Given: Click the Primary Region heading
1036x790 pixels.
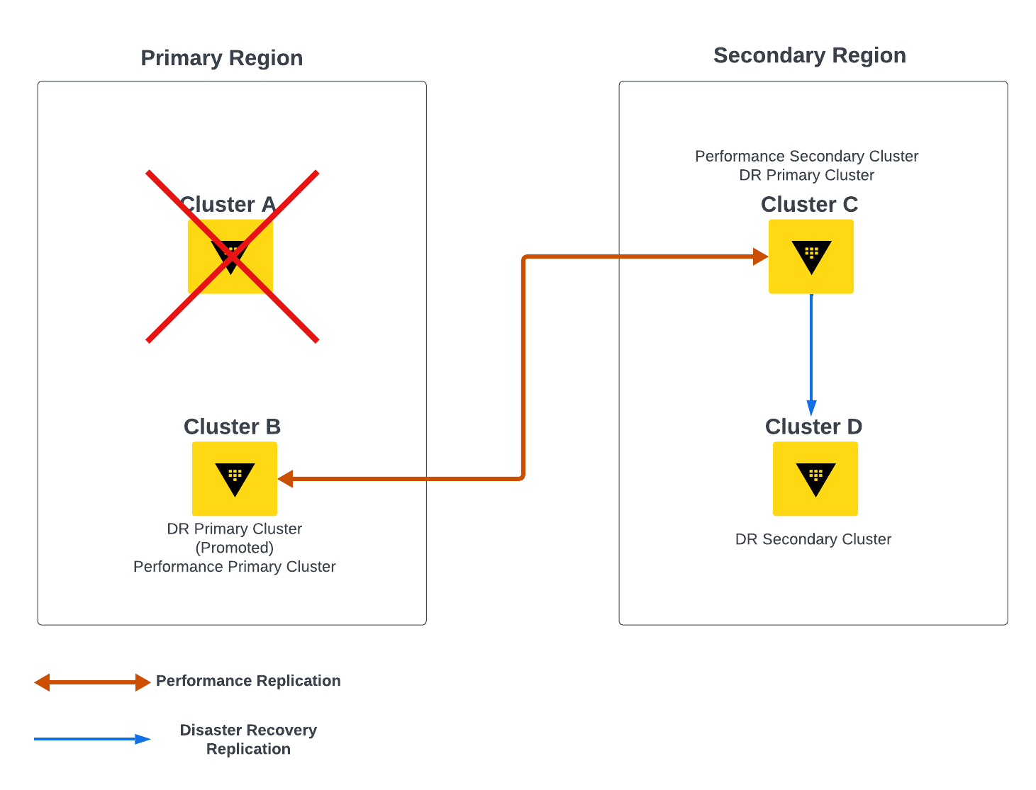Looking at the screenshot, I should tap(221, 58).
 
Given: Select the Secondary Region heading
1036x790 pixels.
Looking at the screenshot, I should tap(809, 55).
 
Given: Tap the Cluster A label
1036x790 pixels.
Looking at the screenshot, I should tap(228, 204).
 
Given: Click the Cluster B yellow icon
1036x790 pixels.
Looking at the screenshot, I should tap(235, 479).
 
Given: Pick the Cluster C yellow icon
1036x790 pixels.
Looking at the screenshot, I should tap(811, 256).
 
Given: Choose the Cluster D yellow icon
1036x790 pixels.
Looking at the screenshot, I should tap(815, 479).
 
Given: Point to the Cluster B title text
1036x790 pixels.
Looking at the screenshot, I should tap(232, 427).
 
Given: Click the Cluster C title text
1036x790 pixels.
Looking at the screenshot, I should tap(809, 204).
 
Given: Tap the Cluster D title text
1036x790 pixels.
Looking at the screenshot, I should tap(813, 427).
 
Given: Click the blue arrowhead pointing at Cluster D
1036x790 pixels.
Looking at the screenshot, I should tap(811, 408).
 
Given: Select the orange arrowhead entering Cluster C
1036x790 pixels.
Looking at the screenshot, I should tap(761, 256).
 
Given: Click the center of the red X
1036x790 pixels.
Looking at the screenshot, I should tap(232, 256).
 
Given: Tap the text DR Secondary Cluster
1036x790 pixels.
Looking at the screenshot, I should tap(813, 539).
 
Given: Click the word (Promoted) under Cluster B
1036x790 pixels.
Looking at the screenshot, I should tap(234, 548).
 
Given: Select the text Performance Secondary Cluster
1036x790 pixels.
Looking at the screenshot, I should tap(806, 156).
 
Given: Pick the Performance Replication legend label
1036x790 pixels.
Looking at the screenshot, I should tap(248, 681).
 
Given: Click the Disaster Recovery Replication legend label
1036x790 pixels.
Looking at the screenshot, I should tap(248, 740).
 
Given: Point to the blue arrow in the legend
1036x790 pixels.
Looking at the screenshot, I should tap(92, 739).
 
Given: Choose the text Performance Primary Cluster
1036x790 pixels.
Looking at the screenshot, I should tap(234, 567).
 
